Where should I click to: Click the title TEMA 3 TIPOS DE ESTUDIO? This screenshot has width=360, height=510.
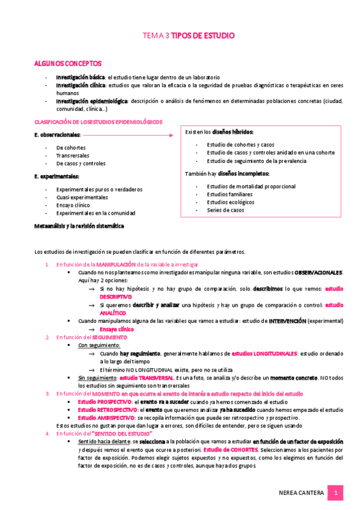[188, 36]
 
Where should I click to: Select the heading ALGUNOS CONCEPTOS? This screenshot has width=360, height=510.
[68, 63]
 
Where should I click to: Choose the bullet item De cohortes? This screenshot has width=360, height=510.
[71, 147]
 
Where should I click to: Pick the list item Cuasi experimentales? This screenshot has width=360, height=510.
[82, 197]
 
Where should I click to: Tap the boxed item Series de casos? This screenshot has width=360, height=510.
[225, 210]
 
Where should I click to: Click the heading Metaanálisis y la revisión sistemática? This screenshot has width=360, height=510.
[88, 226]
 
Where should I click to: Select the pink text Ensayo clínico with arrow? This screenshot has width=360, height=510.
[117, 330]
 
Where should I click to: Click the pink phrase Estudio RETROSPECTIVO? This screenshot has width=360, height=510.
[107, 410]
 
